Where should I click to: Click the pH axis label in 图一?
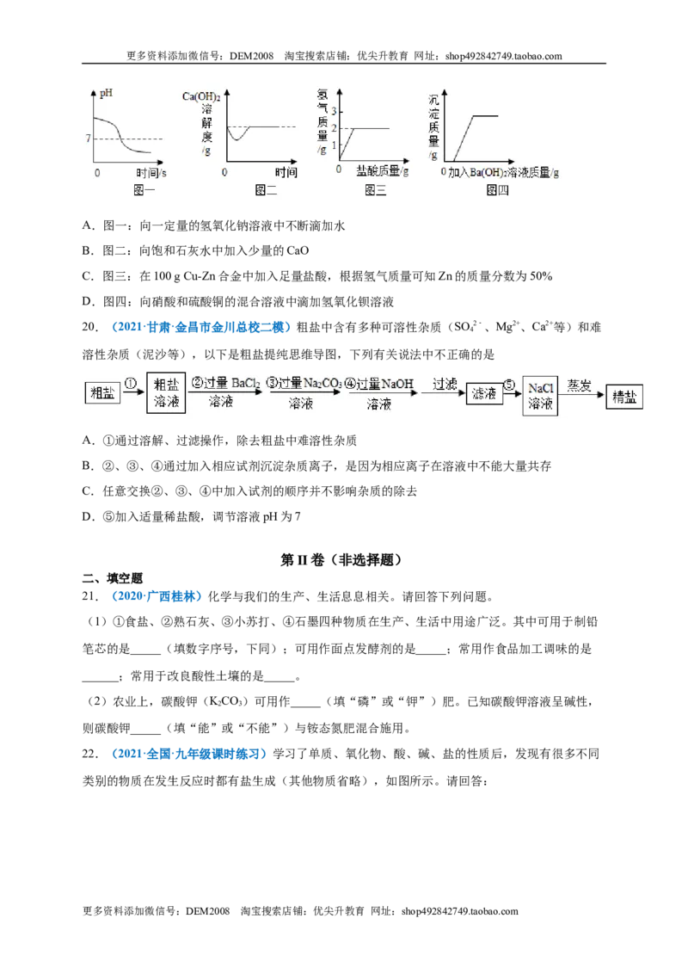tap(106, 93)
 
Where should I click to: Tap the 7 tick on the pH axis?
tap(89, 138)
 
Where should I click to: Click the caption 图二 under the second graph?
tap(266, 190)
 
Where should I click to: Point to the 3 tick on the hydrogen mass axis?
tap(334, 111)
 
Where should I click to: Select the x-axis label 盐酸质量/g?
tap(383, 171)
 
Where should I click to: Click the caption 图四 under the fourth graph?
tap(497, 190)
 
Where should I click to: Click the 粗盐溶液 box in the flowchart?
tap(166, 392)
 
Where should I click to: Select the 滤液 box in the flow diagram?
tap(483, 393)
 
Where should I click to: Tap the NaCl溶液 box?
tap(540, 396)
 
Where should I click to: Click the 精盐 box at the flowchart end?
tap(624, 397)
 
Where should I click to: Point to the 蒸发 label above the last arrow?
tap(579, 385)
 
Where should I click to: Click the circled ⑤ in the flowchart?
tap(509, 385)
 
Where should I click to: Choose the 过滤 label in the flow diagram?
tap(445, 385)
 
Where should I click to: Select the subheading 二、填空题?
tap(113, 578)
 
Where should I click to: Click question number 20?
tap(90, 327)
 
